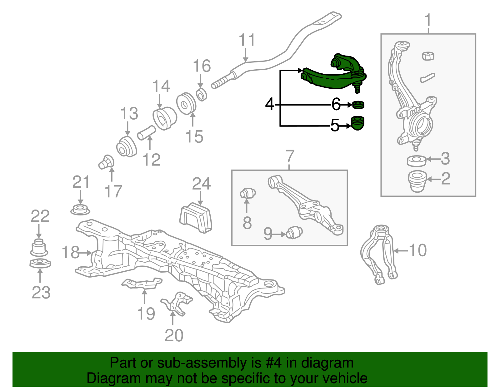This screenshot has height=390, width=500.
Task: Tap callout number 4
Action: tap(269, 104)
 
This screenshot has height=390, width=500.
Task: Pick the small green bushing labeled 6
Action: tap(358, 105)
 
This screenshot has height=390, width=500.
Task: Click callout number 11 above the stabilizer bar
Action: tap(247, 41)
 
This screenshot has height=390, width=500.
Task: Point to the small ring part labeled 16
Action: tap(202, 94)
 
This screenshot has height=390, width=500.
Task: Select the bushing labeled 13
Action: tap(127, 147)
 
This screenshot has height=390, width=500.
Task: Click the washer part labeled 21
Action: tap(80, 210)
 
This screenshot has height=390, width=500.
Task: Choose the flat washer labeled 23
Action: tap(40, 263)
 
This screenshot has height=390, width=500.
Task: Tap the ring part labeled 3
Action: tap(417, 160)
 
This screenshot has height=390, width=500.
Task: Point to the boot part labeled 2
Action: tap(417, 181)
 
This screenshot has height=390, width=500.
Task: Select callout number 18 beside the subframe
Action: tap(71, 252)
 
